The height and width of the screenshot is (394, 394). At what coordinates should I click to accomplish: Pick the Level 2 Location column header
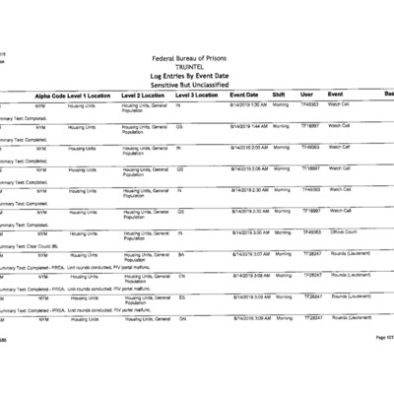(x=144, y=94)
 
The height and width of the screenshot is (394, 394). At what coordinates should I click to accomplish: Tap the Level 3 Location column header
(x=196, y=94)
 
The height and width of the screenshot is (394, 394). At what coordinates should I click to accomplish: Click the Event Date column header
(x=244, y=94)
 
